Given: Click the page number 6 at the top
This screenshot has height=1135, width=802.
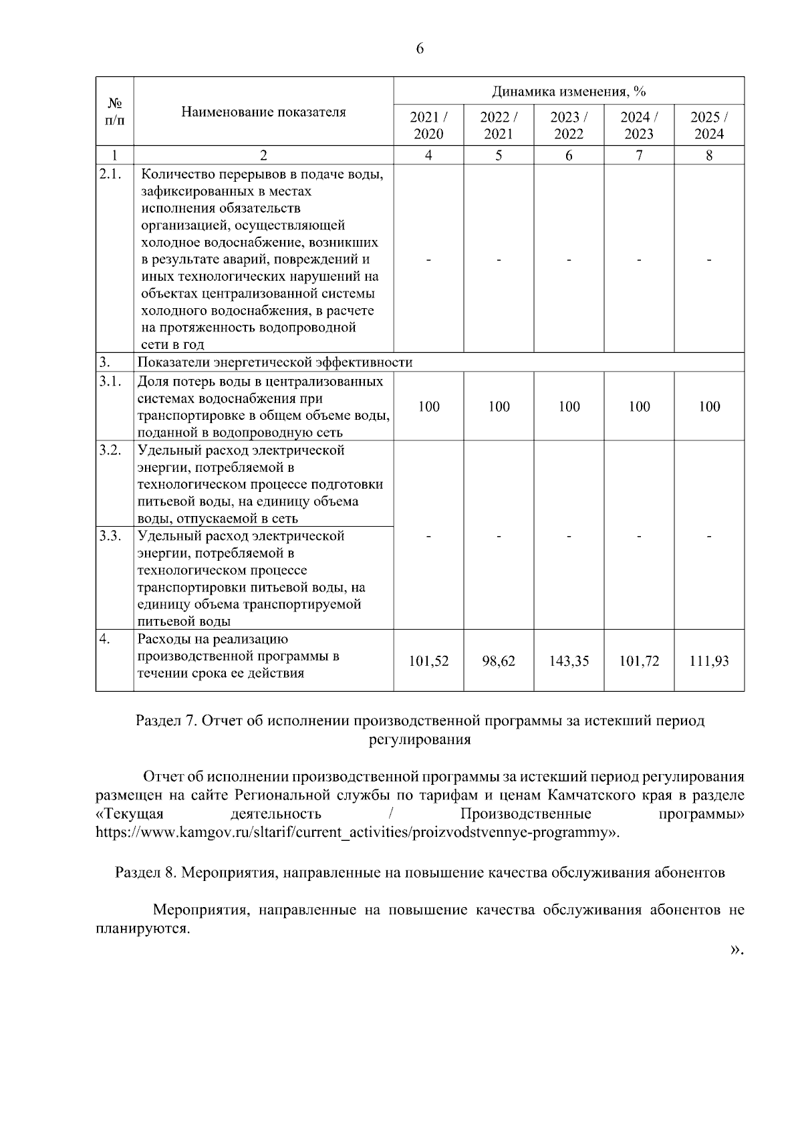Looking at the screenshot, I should point(420,49).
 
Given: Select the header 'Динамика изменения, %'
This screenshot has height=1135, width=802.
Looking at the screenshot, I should point(569,91).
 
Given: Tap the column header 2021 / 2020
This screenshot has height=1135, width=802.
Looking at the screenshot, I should point(428,125).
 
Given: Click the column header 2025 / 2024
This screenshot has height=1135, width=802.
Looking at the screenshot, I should point(709,125).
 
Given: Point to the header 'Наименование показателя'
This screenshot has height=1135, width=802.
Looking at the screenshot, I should point(263,112).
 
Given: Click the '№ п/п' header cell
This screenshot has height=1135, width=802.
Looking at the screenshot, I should point(115,112).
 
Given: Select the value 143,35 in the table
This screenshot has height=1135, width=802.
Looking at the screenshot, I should point(569,661).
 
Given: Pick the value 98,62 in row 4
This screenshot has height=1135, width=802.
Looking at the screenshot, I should point(499,661).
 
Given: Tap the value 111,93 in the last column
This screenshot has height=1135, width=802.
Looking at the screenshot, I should point(709,661).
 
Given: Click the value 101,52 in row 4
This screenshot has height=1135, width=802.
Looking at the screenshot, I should point(428,661).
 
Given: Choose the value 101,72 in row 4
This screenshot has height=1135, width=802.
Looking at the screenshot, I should point(639,661).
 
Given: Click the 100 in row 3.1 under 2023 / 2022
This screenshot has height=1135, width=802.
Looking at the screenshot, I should point(569,406).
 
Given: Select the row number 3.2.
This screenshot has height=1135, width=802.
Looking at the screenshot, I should point(110,450).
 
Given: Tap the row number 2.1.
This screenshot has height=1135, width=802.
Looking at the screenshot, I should point(110,174).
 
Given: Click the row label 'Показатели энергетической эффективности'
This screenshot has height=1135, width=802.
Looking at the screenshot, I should point(275,362).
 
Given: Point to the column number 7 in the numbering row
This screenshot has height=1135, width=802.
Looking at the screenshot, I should point(639,155).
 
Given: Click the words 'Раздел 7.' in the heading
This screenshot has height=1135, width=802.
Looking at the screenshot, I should point(166,721).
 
